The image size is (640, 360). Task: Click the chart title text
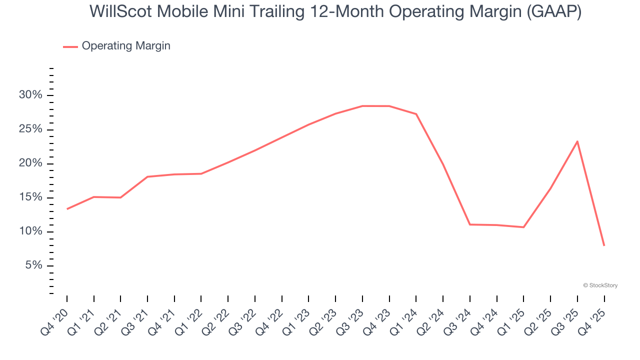coord(335,12)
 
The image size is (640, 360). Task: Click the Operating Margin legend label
coord(126,46)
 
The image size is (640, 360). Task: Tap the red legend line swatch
coord(70,46)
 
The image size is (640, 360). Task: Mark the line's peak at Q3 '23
coord(362,106)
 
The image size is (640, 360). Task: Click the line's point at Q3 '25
coord(577,141)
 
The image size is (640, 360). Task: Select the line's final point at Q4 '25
coord(604,245)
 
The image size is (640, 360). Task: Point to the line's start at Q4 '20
coord(67,209)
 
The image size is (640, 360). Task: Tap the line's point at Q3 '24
coord(470,224)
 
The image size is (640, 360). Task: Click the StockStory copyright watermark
coord(600,285)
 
